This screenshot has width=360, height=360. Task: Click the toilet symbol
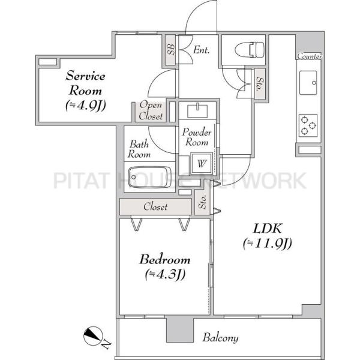tap(250, 50)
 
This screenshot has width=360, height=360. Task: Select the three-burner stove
tap(308, 125)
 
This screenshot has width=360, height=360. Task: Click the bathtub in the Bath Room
tap(149, 177)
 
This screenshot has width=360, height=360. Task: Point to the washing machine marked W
tap(202, 163)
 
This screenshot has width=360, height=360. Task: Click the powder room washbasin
tap(197, 112)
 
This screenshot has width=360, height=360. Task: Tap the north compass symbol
tap(93, 335)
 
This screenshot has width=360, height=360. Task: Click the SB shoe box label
tap(170, 50)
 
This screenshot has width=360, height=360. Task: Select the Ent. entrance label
tap(202, 50)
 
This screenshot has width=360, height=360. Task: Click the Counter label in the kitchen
tap(310, 56)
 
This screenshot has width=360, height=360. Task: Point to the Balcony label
tap(220, 338)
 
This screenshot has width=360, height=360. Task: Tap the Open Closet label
tap(151, 110)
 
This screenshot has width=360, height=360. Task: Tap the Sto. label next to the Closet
tap(203, 202)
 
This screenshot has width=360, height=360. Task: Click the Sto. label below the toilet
tap(260, 83)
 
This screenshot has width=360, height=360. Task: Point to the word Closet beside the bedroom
tap(155, 206)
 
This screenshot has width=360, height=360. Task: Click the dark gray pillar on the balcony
tap(180, 330)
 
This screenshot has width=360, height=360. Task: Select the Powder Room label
tap(197, 137)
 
